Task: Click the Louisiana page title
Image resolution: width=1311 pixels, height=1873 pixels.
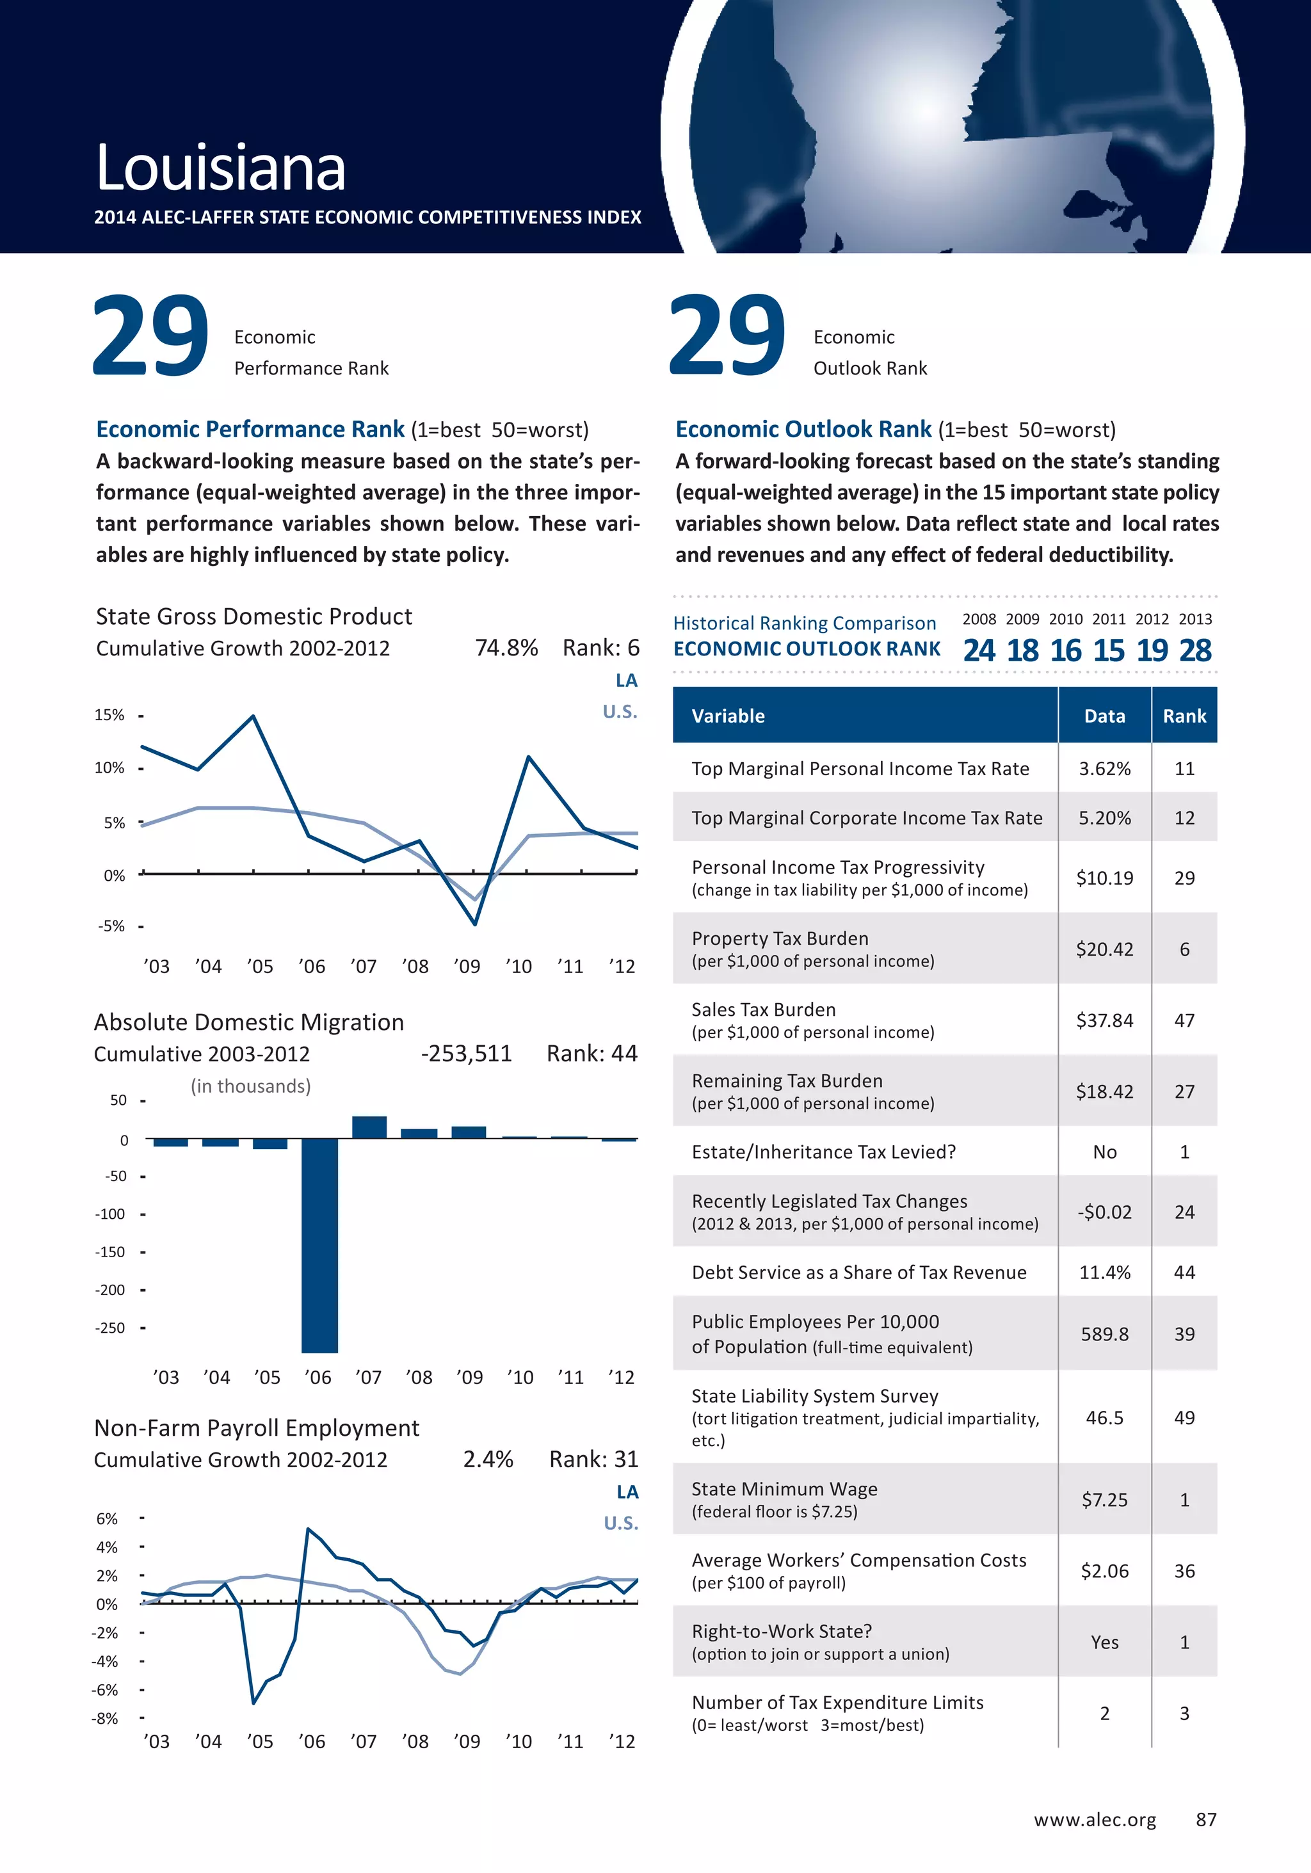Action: click(220, 168)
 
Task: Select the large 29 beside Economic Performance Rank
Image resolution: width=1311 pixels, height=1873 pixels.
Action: click(151, 336)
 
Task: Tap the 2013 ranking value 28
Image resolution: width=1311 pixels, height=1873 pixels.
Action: click(1195, 650)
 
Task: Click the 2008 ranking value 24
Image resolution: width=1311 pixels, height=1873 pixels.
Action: click(979, 650)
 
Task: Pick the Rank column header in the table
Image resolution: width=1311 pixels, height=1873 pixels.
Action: click(1184, 716)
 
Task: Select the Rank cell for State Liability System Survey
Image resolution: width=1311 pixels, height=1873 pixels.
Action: click(1184, 1418)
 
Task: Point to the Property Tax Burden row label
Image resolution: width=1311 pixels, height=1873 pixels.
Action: click(780, 938)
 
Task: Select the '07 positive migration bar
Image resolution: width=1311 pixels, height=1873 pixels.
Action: click(369, 1127)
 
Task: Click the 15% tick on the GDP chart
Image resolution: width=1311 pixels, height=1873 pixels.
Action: click(109, 716)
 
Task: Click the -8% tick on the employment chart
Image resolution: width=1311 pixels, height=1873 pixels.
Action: click(105, 1719)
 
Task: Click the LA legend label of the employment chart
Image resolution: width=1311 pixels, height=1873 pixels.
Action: click(627, 1492)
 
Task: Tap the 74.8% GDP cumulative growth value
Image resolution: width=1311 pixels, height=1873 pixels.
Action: click(506, 648)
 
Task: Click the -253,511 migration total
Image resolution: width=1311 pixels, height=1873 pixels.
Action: click(466, 1054)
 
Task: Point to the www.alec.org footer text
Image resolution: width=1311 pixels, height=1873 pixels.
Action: click(1095, 1820)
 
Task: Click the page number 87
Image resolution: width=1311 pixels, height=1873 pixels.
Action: click(1206, 1820)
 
